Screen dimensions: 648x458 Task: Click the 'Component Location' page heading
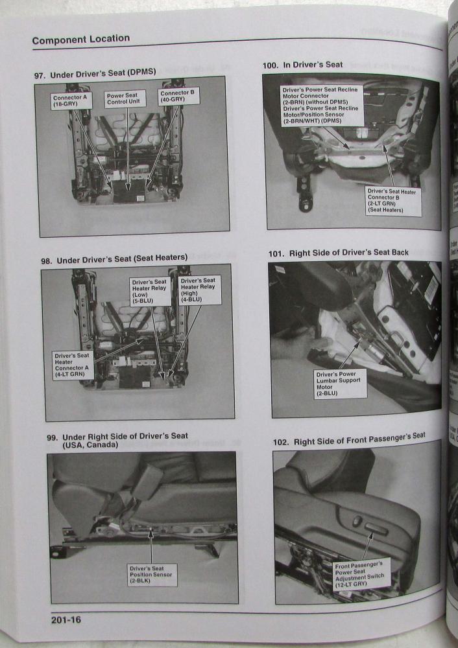81,40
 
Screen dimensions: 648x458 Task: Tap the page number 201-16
66,619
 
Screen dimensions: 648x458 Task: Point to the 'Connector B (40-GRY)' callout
179,97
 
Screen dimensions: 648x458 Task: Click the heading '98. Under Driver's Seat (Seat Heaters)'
114,259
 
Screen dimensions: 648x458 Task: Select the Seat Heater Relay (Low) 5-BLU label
151,291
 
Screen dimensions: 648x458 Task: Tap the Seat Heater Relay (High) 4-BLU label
200,288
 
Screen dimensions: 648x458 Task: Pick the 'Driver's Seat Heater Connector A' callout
73,365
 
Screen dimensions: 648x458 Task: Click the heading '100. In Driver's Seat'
302,65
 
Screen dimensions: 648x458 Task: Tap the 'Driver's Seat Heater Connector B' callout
393,200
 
